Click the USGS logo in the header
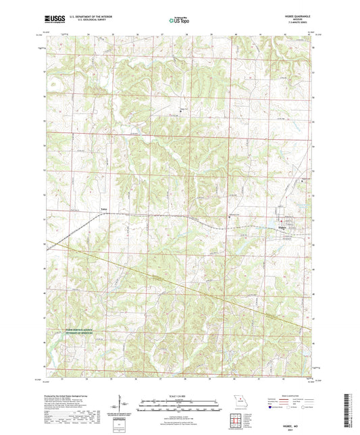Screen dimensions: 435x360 (x=49, y=21)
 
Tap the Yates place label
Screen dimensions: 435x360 (x=104, y=209)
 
